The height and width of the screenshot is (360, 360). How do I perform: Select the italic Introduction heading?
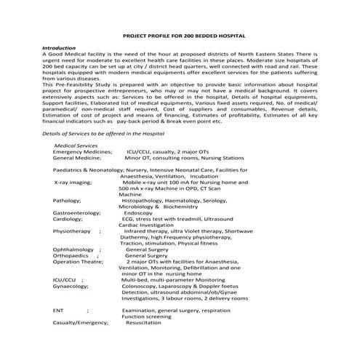click(x=60, y=47)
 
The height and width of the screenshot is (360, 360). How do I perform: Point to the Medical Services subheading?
click(x=76, y=145)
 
